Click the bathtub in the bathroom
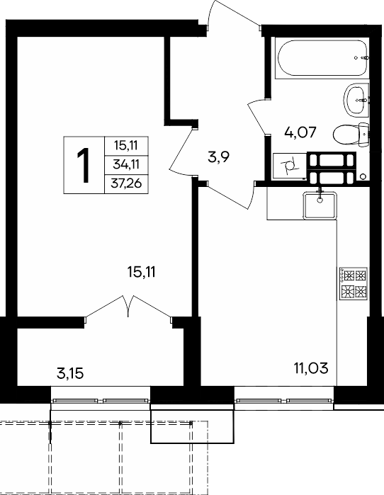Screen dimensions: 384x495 pyautogui.click(x=322, y=58)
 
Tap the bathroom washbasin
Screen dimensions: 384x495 pyautogui.click(x=356, y=100)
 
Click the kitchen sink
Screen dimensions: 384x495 pyautogui.click(x=320, y=205)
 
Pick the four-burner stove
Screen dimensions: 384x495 pyautogui.click(x=353, y=283)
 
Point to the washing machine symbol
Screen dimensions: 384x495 pyautogui.click(x=289, y=166)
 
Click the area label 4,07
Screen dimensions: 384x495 pyautogui.click(x=300, y=132)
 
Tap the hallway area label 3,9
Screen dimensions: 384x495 pyautogui.click(x=218, y=157)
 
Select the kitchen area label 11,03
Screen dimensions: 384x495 pyautogui.click(x=311, y=368)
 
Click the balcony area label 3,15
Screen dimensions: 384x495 pyautogui.click(x=70, y=374)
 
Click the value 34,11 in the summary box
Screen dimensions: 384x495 pyautogui.click(x=126, y=164)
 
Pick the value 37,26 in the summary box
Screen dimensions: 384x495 pyautogui.click(x=126, y=183)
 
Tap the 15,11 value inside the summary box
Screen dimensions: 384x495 pyautogui.click(x=126, y=146)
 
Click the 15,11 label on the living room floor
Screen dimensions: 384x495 pyautogui.click(x=142, y=272)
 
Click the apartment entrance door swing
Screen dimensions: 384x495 pyautogui.click(x=235, y=14)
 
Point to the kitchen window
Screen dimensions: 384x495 pyautogui.click(x=283, y=401)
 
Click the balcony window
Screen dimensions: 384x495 pyautogui.click(x=101, y=401)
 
